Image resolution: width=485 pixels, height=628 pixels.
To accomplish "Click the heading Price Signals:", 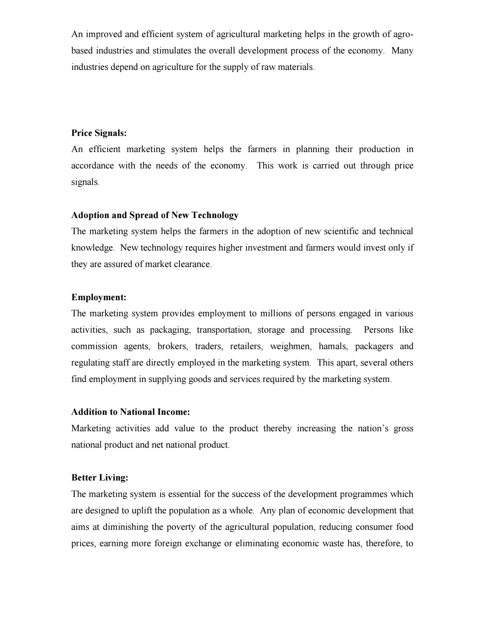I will pyautogui.click(x=99, y=133).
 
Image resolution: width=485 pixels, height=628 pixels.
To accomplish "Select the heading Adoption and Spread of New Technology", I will pyautogui.click(x=155, y=215).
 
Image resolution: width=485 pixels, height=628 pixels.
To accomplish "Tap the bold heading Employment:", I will pyautogui.click(x=99, y=297).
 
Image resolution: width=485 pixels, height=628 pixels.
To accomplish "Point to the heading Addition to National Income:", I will pyautogui.click(x=131, y=412).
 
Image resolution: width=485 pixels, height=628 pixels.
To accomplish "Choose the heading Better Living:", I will pyautogui.click(x=100, y=478).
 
